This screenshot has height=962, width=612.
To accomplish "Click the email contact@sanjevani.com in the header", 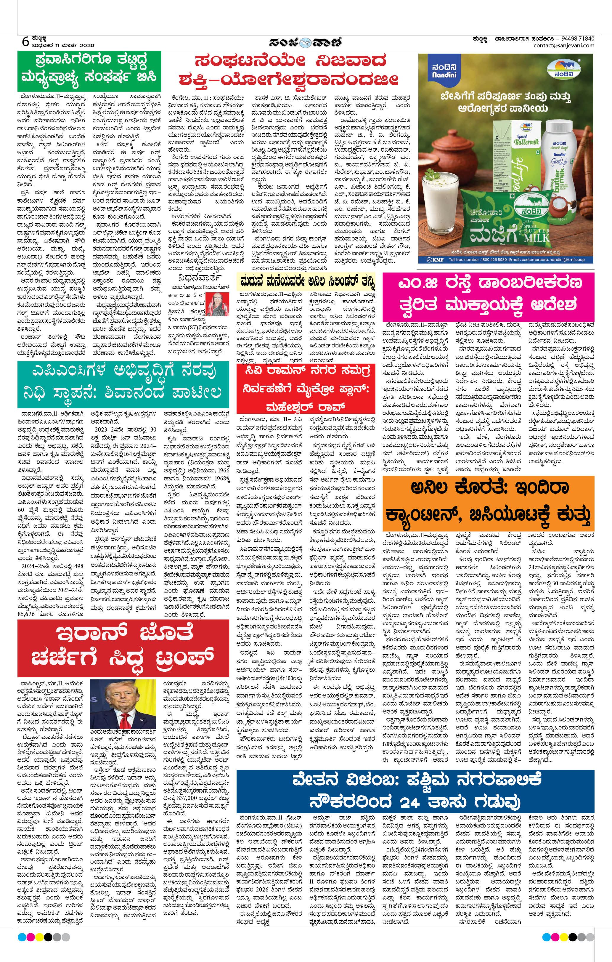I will pos(564,46).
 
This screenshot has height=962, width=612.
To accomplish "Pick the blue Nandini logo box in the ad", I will pos(444,71).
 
